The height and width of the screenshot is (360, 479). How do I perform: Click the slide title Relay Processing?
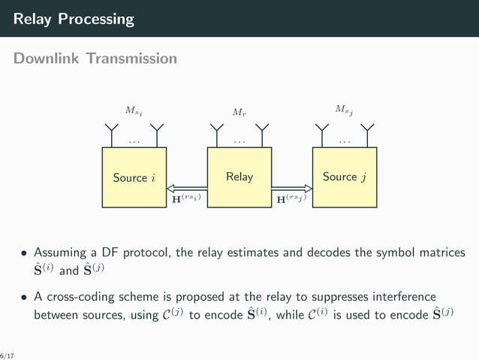tap(74, 19)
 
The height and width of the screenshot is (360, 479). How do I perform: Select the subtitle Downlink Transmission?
tap(95, 59)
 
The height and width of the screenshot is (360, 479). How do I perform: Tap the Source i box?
tap(134, 177)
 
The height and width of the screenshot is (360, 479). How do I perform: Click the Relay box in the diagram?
tap(239, 177)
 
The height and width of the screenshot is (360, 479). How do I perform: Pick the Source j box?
tap(344, 177)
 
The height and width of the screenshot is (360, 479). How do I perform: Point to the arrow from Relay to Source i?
tap(187, 189)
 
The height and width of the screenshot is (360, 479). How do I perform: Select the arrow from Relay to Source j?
tap(291, 189)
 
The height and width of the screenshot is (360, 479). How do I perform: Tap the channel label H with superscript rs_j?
tap(291, 200)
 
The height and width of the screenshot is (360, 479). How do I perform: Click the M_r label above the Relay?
tap(239, 113)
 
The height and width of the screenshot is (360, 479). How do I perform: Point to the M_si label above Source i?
tap(134, 111)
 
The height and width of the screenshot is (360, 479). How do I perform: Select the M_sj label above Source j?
tap(344, 111)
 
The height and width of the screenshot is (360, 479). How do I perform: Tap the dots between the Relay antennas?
tap(239, 141)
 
